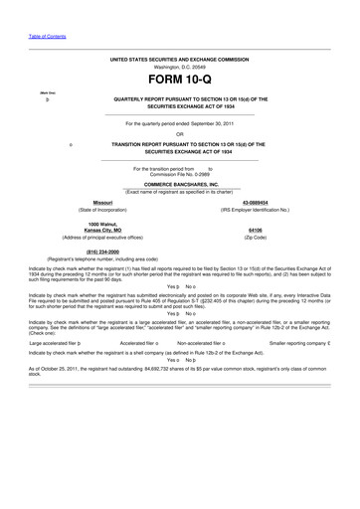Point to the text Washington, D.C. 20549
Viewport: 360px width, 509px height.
pos(179,67)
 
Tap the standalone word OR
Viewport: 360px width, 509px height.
pos(179,134)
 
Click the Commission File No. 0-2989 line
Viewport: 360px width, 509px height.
pos(179,174)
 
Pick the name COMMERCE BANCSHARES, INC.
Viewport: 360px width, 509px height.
pos(179,185)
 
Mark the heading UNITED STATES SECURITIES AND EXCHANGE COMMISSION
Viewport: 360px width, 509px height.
pos(179,59)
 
